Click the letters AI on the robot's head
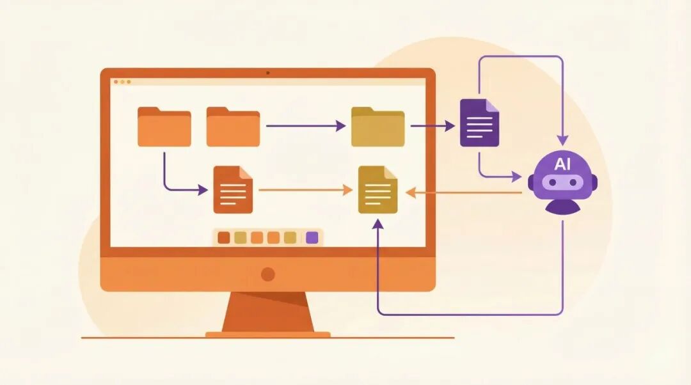pyautogui.click(x=562, y=164)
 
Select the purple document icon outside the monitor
pyautogui.click(x=479, y=123)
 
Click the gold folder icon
pyautogui.click(x=377, y=127)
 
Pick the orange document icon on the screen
pyautogui.click(x=233, y=189)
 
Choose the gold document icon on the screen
pyautogui.click(x=377, y=189)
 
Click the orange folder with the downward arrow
pyautogui.click(x=164, y=127)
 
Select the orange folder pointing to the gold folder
pyautogui.click(x=233, y=127)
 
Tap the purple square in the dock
pyautogui.click(x=312, y=237)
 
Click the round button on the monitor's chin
pyautogui.click(x=268, y=274)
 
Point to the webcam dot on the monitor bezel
pyautogui.click(x=267, y=73)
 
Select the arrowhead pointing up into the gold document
pyautogui.click(x=378, y=224)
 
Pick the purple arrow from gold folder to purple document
pyautogui.click(x=432, y=126)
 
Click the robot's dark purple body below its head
pyautogui.click(x=562, y=206)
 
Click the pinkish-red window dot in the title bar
pyautogui.click(x=116, y=82)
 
